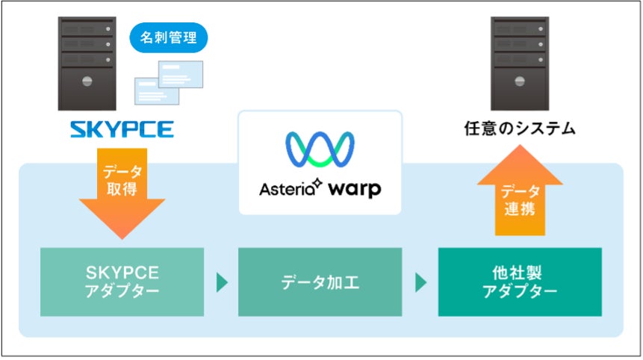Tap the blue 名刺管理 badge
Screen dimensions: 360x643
pyautogui.click(x=168, y=37)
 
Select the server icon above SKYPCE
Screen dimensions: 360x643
pyautogui.click(x=87, y=64)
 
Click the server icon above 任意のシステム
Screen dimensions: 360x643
pyautogui.click(x=519, y=64)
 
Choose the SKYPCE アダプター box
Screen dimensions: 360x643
pyautogui.click(x=122, y=282)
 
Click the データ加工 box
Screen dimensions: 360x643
pyautogui.click(x=320, y=282)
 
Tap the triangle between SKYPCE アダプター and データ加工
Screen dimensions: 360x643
pyautogui.click(x=221, y=282)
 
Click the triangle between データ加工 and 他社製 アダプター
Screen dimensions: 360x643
pyautogui.click(x=420, y=282)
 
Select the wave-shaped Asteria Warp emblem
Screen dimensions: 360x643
pyautogui.click(x=320, y=149)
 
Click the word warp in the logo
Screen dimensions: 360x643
pyautogui.click(x=352, y=188)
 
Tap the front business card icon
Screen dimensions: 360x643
pyautogui.click(x=157, y=90)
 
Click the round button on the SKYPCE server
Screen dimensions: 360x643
pyautogui.click(x=87, y=81)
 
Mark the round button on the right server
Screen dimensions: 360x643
pyautogui.click(x=519, y=81)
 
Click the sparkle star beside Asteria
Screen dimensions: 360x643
pyautogui.click(x=317, y=181)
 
